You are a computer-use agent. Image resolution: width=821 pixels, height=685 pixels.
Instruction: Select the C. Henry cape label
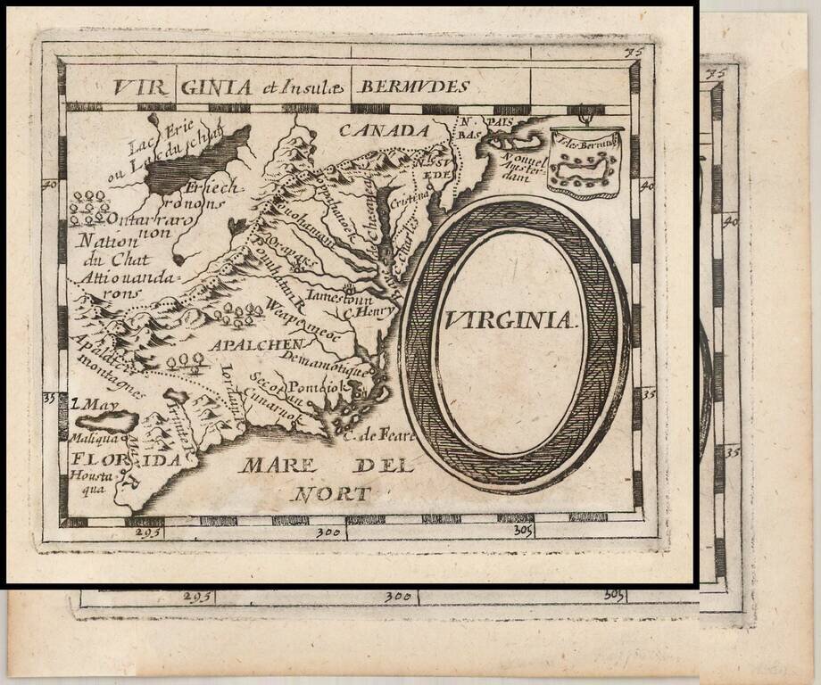(x=374, y=312)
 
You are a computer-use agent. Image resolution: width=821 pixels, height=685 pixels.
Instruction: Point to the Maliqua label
(x=87, y=438)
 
